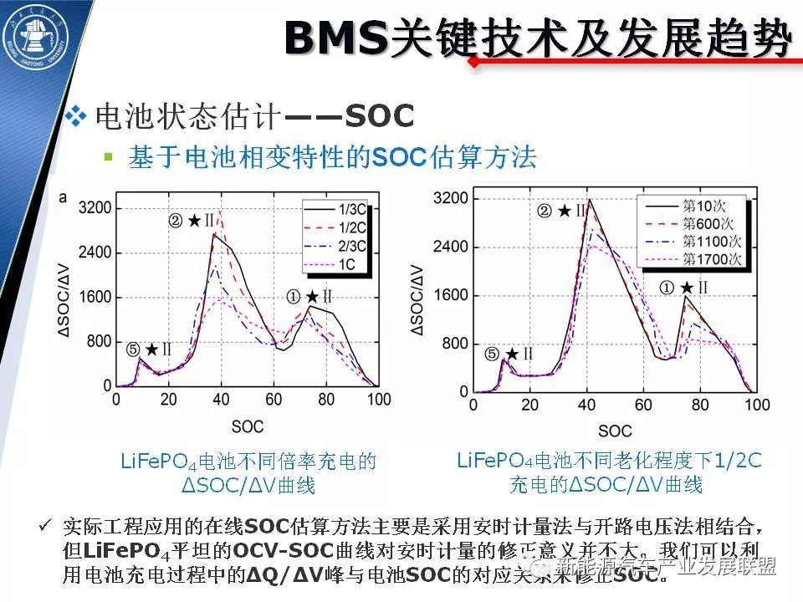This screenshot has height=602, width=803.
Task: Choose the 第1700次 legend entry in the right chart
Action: tap(712, 258)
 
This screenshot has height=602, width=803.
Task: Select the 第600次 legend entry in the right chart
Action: tap(709, 223)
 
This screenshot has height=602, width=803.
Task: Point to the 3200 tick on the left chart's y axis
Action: tap(95, 207)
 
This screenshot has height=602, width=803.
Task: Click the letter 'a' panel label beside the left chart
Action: tap(64, 197)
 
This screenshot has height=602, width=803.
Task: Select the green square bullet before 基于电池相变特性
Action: tap(107, 156)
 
